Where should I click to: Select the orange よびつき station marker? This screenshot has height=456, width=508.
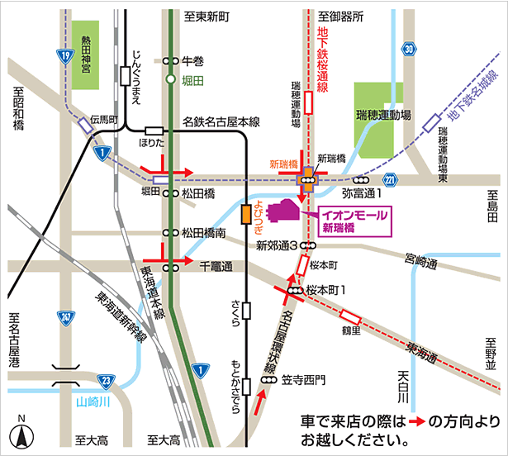pyautogui.click(x=245, y=214)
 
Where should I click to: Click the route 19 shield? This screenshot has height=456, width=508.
pyautogui.click(x=64, y=55)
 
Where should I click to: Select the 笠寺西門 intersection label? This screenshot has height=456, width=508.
pyautogui.click(x=304, y=380)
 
